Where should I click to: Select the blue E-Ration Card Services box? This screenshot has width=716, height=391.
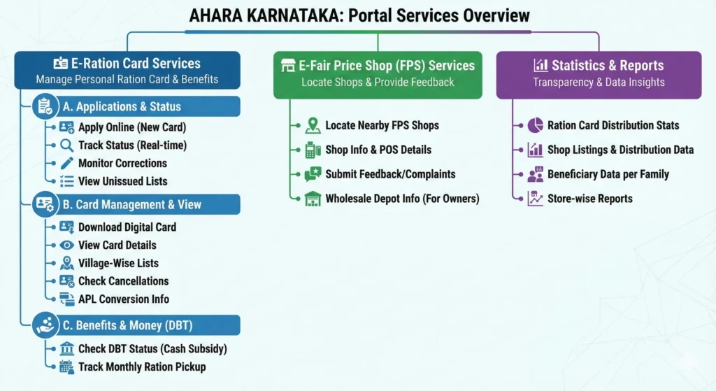click(127, 71)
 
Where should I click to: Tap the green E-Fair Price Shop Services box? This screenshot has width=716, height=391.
click(378, 73)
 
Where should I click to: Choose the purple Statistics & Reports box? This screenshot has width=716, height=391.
click(599, 73)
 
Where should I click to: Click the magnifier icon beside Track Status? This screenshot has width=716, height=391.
click(67, 145)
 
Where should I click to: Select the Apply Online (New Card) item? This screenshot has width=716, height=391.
click(132, 127)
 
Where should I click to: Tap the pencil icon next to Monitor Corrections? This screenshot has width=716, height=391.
click(67, 163)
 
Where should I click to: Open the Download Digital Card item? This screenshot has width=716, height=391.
click(127, 227)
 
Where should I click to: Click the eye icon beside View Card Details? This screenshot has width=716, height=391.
click(67, 245)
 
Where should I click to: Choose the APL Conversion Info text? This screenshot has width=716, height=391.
click(123, 299)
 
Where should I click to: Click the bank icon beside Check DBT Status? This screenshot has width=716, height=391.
click(67, 348)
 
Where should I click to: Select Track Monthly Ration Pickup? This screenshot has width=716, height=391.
click(142, 367)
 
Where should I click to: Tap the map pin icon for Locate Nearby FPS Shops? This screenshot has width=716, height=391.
click(313, 126)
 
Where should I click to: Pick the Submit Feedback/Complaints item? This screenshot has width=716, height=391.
click(390, 174)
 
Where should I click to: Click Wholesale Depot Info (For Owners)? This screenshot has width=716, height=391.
click(402, 199)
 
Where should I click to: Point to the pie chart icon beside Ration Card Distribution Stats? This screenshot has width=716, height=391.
click(535, 126)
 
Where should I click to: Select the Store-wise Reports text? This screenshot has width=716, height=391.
click(589, 199)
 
